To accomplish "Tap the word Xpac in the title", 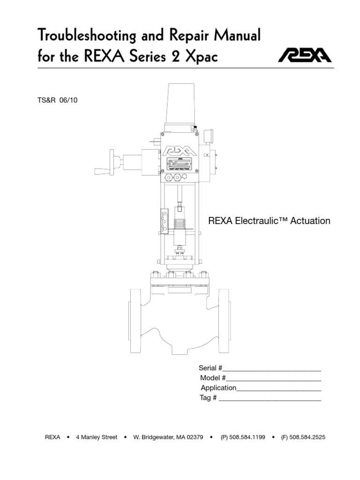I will (x=202, y=57).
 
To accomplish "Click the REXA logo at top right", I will (x=305, y=56).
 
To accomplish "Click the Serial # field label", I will (x=210, y=368).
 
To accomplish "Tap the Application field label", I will (x=218, y=388).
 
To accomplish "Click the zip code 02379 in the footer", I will (x=195, y=437).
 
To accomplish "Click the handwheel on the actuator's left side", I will (x=111, y=162).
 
